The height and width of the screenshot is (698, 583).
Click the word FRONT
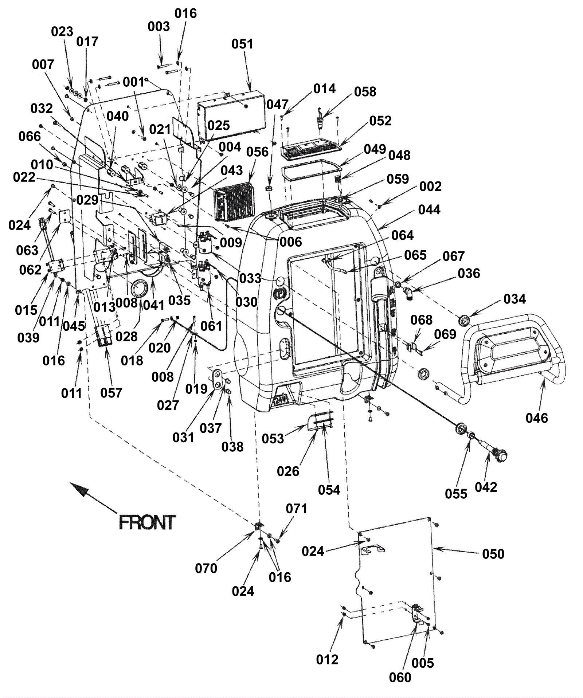(147, 522)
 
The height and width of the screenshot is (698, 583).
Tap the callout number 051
(242, 44)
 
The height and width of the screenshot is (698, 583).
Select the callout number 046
(537, 418)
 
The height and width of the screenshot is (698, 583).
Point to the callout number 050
(493, 554)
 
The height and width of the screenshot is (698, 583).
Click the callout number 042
(486, 487)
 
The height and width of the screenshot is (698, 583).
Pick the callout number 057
(111, 393)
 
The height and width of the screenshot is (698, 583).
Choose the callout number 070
(206, 568)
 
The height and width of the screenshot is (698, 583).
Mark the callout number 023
(62, 32)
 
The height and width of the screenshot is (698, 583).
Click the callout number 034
(514, 299)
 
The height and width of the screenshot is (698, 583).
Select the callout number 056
(257, 152)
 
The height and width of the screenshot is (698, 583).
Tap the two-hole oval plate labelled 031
(218, 379)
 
